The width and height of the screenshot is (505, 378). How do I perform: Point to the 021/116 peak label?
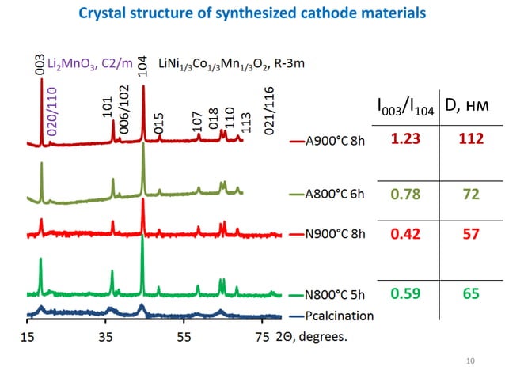(x=269, y=110)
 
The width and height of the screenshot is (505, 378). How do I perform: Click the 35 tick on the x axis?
(x=105, y=335)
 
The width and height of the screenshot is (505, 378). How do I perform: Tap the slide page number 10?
(x=472, y=361)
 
